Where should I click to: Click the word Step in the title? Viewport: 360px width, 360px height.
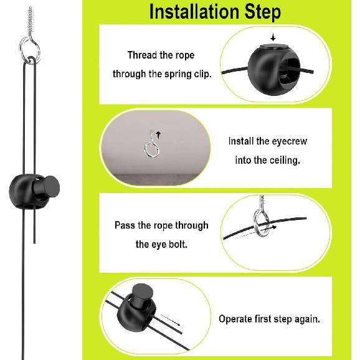pos(262,12)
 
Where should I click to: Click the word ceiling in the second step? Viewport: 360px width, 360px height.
pos(285,160)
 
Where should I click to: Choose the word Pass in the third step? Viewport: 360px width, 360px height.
pos(125,225)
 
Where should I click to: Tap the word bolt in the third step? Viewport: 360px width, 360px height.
pos(178,244)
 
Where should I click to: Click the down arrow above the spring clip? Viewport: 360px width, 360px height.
pos(273,37)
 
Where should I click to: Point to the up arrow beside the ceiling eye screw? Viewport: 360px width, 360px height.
pos(158,135)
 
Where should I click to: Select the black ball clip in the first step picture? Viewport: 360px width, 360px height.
pos(274,69)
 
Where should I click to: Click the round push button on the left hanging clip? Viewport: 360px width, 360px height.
pos(51,186)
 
